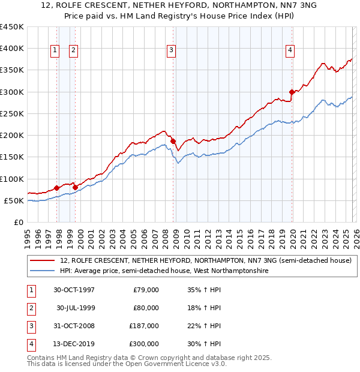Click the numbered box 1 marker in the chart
tap(55, 51)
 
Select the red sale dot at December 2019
tap(292, 92)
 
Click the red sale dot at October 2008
tap(173, 141)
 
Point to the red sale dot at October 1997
tap(57, 188)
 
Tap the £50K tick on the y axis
tap(14, 200)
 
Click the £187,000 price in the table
tap(145, 326)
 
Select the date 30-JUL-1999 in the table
tap(76, 308)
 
